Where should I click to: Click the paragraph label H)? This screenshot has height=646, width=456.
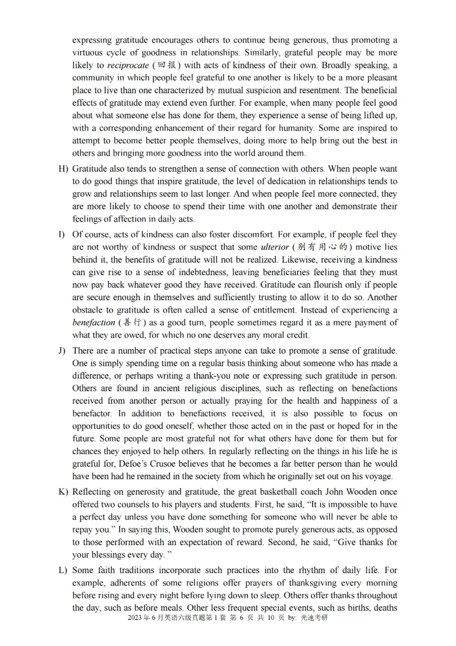point(63,169)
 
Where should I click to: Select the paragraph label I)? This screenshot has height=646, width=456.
point(62,235)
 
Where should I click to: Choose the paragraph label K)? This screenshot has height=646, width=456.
point(63,492)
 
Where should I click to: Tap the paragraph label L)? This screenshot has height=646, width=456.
point(63,570)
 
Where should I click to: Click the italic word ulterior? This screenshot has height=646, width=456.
point(275,247)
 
